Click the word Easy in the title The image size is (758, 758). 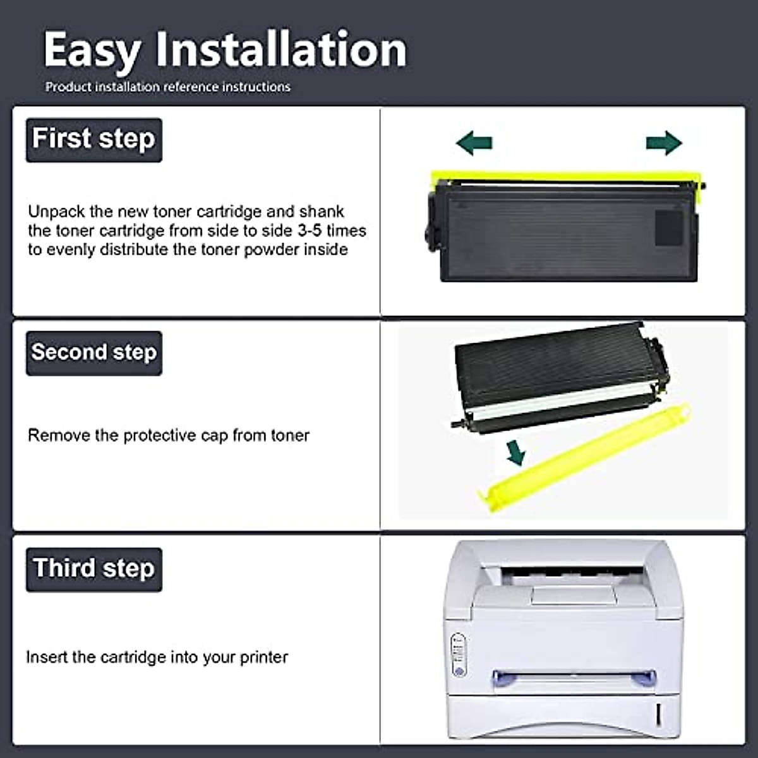point(92,51)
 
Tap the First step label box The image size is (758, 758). point(93,140)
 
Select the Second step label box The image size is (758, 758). point(93,352)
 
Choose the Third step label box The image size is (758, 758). point(93,568)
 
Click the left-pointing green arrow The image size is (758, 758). point(474,143)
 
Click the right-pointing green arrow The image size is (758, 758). point(663,143)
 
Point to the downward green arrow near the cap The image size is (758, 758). point(517,452)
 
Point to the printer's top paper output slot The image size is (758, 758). point(572,576)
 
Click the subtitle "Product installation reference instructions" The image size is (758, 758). point(167,87)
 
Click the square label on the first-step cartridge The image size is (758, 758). point(668,227)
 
